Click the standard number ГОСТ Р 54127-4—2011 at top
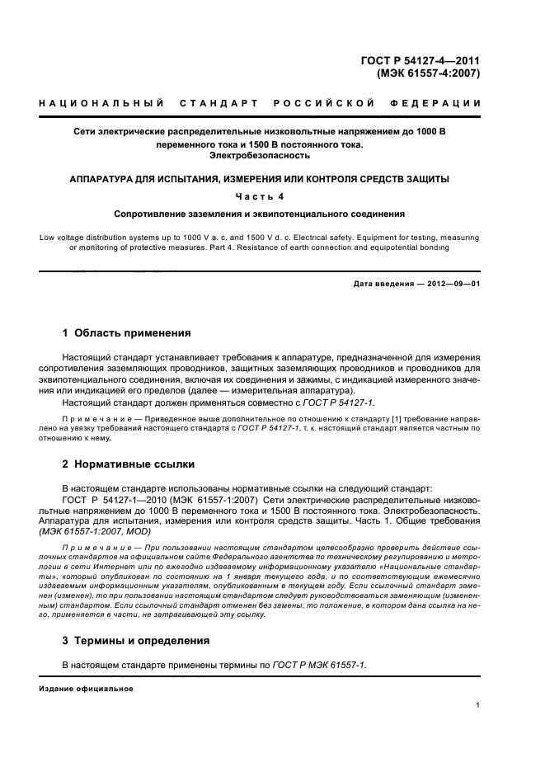[x=421, y=59]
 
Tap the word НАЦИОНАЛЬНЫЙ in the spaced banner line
[x=93, y=103]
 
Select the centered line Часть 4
[x=260, y=195]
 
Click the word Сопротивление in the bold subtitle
[x=153, y=213]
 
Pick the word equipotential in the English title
[x=388, y=247]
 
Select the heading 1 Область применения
[x=127, y=333]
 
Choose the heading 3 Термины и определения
[x=136, y=640]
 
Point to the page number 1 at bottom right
[x=478, y=705]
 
